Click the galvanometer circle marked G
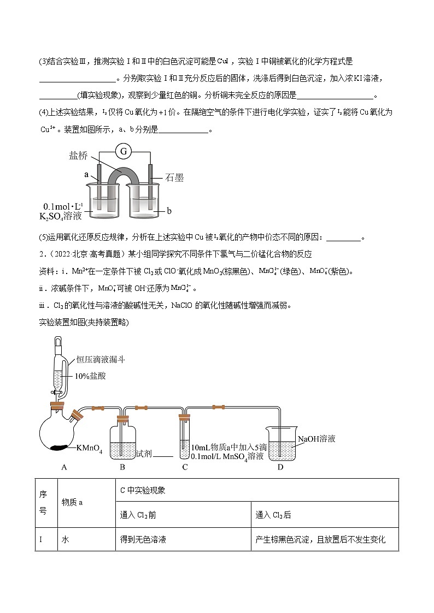coord(124,151)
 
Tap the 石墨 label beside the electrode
coord(175,178)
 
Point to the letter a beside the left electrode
coord(87,175)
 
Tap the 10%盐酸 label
coord(90,376)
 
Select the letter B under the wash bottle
coord(122,467)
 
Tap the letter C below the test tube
coord(185,467)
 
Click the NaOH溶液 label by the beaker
coord(316,438)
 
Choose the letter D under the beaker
coord(280,467)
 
